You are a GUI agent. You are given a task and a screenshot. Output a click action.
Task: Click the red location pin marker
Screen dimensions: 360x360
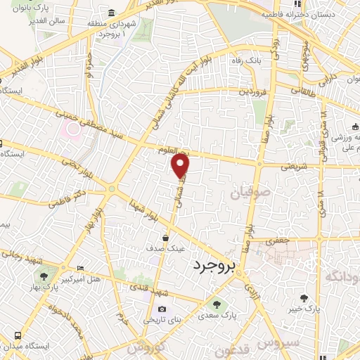click(x=181, y=166)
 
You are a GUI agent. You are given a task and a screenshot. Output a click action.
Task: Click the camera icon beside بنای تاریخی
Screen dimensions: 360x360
click(x=162, y=309)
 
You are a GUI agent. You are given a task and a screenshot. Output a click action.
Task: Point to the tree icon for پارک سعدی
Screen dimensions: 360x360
click(x=217, y=304)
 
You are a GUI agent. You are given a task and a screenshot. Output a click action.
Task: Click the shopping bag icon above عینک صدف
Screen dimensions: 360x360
click(x=165, y=238)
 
